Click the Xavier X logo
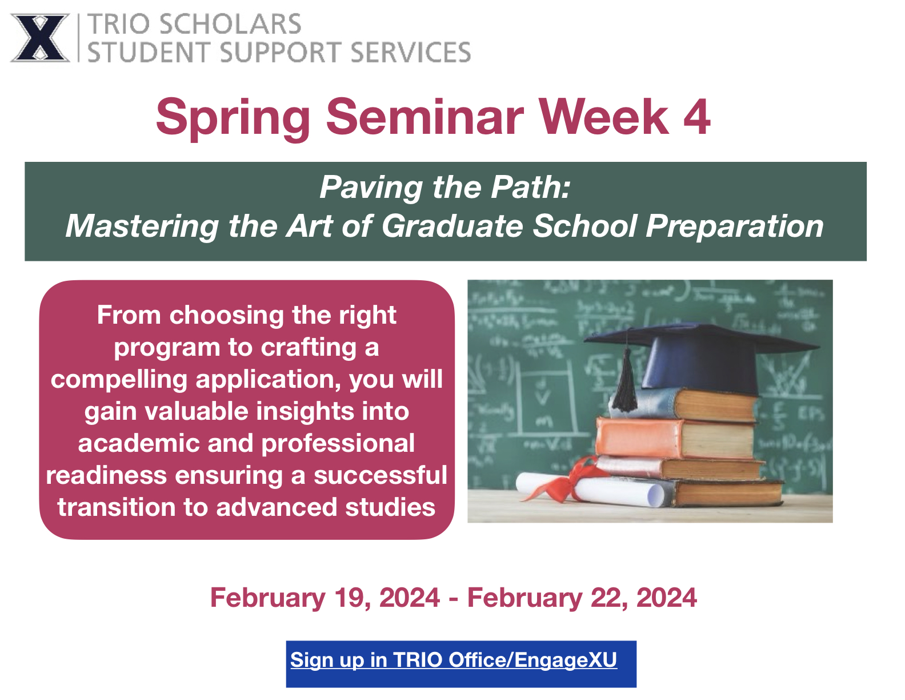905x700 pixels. click(39, 38)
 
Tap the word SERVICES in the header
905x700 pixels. click(410, 52)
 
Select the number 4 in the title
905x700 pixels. click(696, 117)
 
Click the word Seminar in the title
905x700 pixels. click(425, 117)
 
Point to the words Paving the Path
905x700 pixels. click(445, 187)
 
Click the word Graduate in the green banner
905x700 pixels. click(452, 226)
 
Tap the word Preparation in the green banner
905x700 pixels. click(735, 226)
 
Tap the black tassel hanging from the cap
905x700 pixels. click(627, 383)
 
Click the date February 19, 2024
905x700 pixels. click(325, 598)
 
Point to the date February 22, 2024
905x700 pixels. click(582, 598)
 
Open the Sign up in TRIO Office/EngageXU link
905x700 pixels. click(454, 660)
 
